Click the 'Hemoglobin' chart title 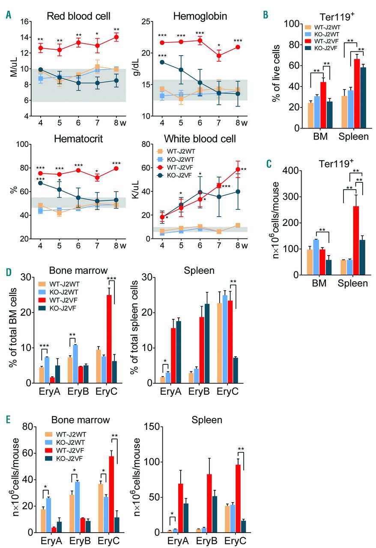point(194,16)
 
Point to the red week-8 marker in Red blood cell point(116,37)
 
